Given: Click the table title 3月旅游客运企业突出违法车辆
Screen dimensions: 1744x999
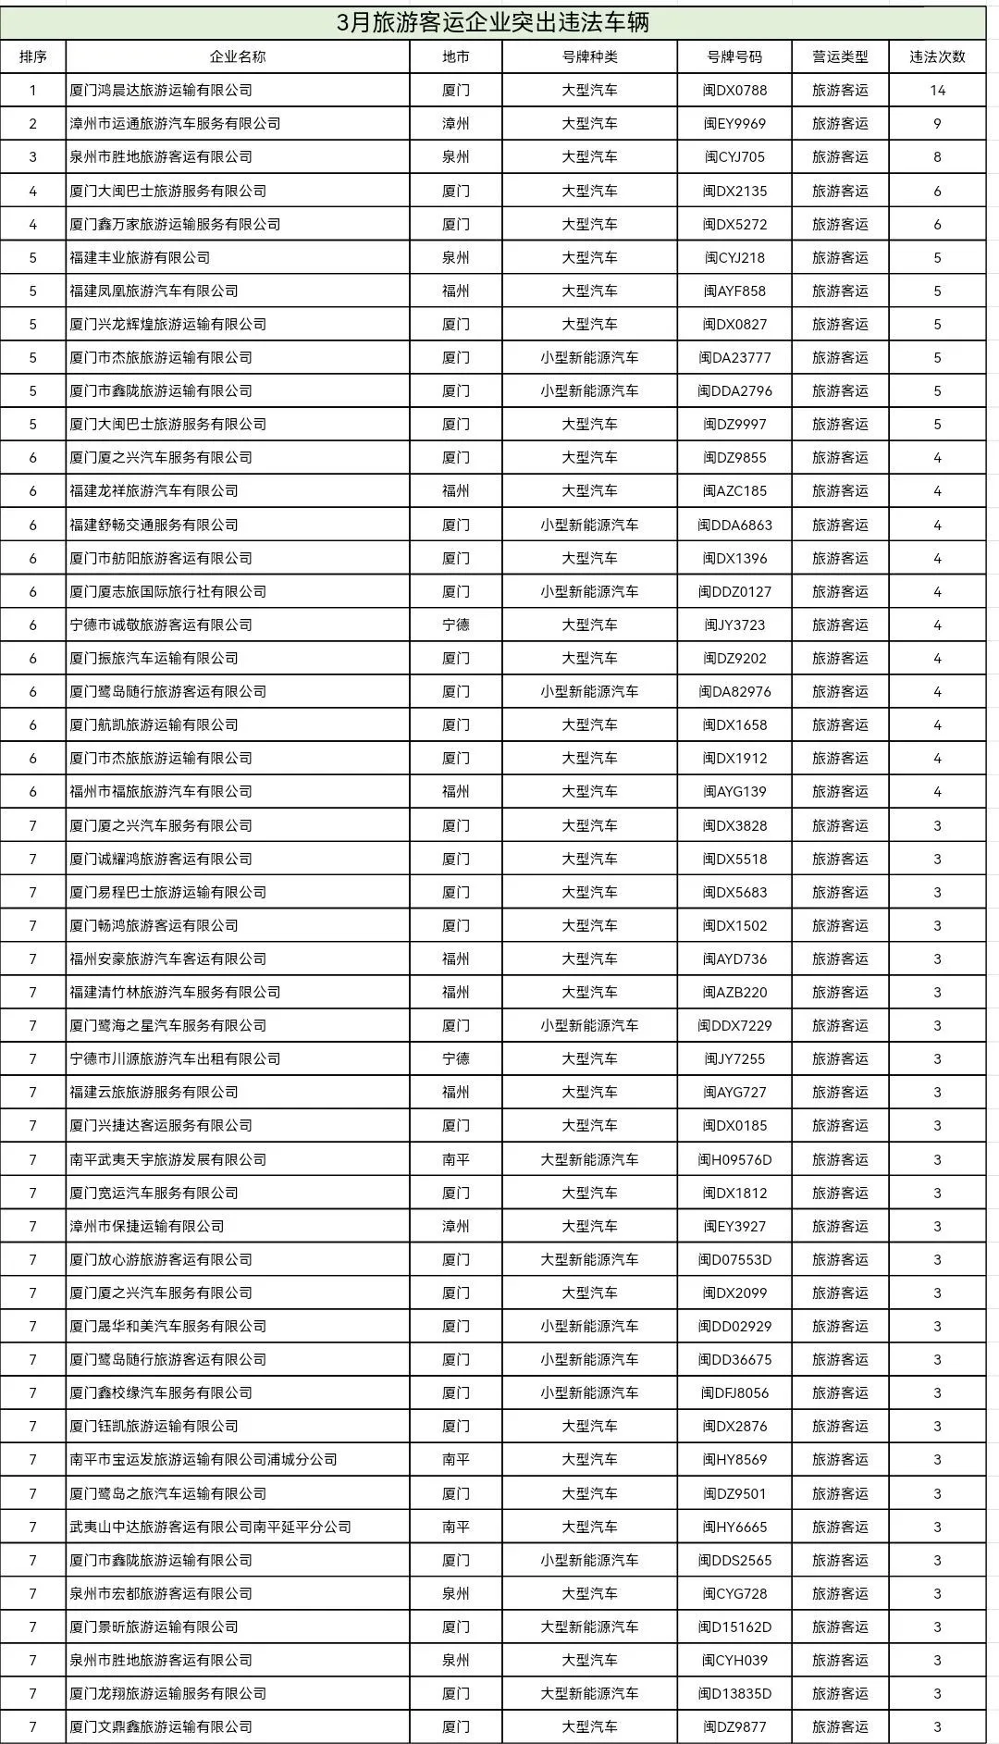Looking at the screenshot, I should coord(494,22).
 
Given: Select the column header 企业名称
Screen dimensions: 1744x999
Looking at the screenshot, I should coord(238,56).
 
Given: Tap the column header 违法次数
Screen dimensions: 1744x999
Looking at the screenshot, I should coord(937,56).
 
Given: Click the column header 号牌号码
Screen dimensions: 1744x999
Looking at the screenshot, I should coord(734,56).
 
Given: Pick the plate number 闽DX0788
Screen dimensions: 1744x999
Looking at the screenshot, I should coord(734,91).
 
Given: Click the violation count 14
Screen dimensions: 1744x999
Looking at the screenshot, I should coord(937,91).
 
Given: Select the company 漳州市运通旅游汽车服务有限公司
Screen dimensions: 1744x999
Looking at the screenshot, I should coord(175,124).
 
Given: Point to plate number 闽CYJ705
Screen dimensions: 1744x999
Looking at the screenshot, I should coord(734,157).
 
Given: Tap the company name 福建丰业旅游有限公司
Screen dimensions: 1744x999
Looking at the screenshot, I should coord(140,258).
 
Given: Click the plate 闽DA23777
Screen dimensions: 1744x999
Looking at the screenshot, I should coord(734,358).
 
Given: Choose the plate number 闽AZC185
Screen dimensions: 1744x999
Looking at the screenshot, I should coord(734,491).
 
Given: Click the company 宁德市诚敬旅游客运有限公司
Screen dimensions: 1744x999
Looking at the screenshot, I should coord(161,625).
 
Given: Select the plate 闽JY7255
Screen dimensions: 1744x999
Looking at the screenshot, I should coord(734,1059).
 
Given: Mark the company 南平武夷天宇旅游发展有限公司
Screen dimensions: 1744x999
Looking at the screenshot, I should coord(167,1160).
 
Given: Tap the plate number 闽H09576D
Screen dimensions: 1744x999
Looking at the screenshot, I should coord(734,1160).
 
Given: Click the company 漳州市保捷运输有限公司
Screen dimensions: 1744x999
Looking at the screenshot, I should coord(147,1227).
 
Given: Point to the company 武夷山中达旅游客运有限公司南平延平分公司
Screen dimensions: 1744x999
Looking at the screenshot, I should coord(210,1528).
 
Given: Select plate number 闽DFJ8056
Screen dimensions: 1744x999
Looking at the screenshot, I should coord(734,1393).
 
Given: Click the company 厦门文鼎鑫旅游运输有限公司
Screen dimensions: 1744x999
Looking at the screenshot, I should coord(161,1727).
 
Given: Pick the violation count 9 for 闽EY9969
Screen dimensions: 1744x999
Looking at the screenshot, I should coord(937,124).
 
